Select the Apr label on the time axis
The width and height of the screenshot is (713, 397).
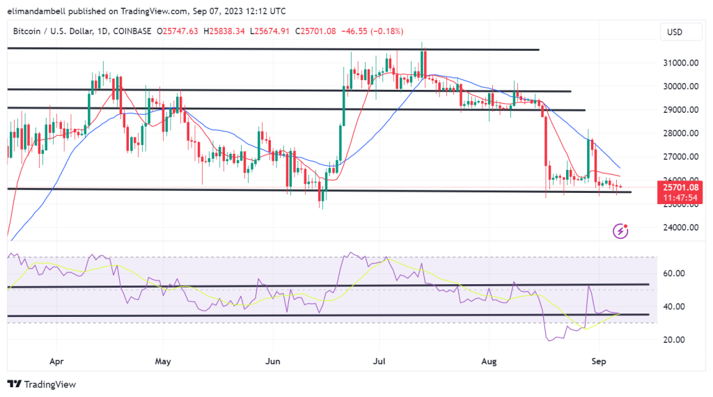coord(57,362)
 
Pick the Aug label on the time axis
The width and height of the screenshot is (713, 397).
coord(488,362)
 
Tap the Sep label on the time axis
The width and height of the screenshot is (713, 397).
coord(596,362)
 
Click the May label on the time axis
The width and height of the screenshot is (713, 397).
coord(162,362)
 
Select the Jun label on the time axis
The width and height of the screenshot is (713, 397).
coord(273,362)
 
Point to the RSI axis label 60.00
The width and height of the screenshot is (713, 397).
coord(675,274)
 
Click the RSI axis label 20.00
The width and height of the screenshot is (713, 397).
coord(675,340)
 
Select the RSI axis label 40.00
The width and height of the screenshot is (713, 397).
coord(675,306)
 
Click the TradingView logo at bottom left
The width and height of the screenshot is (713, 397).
coord(41,384)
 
